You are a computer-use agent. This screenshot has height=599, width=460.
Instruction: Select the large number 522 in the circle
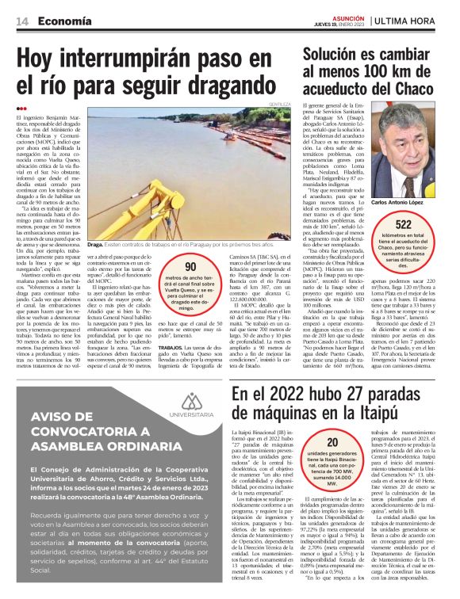416,225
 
